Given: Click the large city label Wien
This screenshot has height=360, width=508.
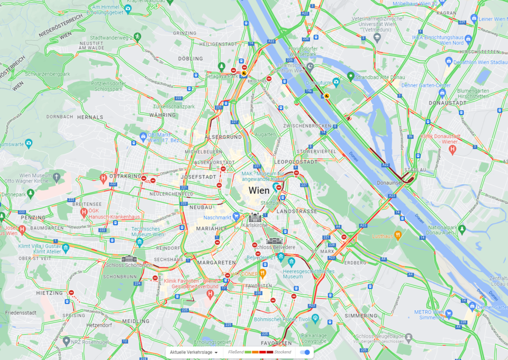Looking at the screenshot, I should coord(259,191).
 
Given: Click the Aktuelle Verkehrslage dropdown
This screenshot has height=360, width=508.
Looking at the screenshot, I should coord(193,352).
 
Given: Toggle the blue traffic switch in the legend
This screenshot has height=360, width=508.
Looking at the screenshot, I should coord(305,352).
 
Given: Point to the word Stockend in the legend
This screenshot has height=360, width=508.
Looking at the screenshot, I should coord(283,352).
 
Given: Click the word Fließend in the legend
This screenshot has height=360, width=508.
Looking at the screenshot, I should coord(235,352).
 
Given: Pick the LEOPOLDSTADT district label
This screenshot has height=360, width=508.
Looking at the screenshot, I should coord(296,161).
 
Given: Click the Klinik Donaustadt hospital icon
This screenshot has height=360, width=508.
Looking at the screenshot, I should coord(452,150).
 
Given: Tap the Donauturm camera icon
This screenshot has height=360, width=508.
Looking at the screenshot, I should coord(336,82).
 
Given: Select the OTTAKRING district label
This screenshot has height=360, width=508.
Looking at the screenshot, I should coord(125,176).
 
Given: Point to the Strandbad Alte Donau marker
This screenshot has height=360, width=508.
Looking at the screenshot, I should coord(350,77).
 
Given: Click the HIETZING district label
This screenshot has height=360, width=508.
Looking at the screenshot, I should coord(49,293).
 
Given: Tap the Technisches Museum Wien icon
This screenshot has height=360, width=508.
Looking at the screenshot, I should coord(140,242).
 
